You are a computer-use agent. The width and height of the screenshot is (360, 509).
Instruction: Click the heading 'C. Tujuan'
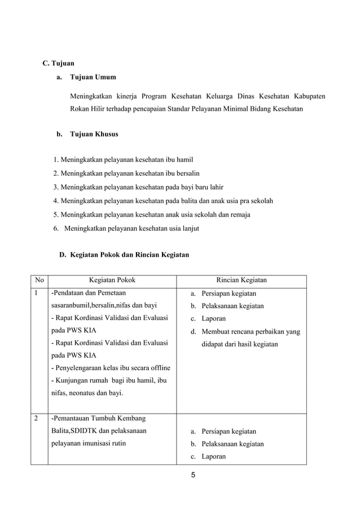coord(59,63)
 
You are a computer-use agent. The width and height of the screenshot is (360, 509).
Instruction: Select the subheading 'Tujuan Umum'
coord(93,77)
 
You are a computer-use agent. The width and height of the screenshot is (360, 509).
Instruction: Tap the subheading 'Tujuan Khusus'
coord(94,135)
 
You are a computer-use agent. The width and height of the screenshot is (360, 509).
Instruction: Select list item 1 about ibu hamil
coord(123,160)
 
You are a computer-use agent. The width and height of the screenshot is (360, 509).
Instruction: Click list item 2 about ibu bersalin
coord(126,173)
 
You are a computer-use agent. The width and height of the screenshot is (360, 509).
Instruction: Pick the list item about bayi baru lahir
coord(138,187)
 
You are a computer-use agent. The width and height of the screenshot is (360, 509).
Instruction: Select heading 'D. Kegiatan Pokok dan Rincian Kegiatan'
coord(124,255)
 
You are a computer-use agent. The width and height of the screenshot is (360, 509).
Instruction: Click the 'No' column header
coord(39,280)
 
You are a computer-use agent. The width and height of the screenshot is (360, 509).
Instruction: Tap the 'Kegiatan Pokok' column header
coord(112,280)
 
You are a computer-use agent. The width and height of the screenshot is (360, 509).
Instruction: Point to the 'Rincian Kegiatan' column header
coord(242,280)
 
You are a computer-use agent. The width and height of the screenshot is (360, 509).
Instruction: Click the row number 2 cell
coord(37,419)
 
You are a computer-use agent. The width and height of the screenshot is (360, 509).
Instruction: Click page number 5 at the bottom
coord(192,475)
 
